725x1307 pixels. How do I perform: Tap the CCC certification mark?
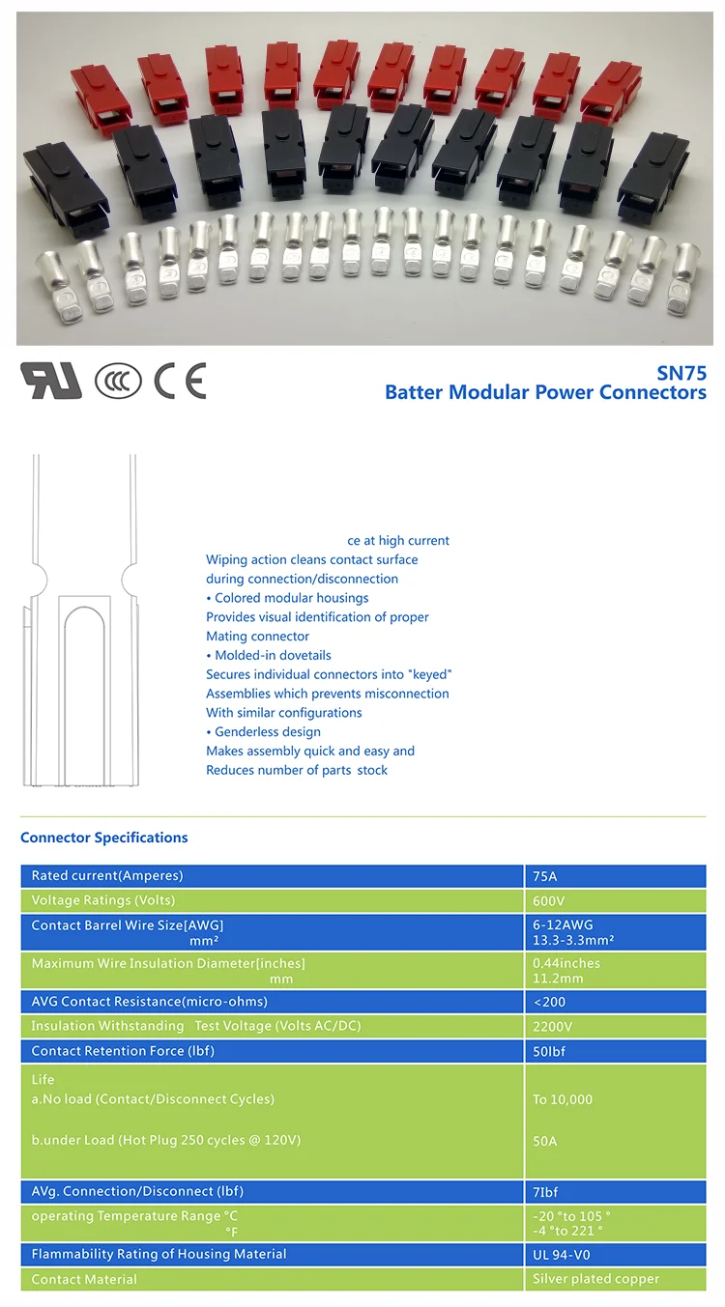[x=118, y=382]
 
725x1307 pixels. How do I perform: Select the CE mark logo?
[x=181, y=382]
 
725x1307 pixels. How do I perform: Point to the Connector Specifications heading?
[x=104, y=838]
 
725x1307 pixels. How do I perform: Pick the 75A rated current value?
[x=545, y=877]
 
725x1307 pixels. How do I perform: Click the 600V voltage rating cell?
[x=548, y=900]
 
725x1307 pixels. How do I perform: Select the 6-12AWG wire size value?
[x=563, y=925]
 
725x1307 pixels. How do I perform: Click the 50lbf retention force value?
[x=550, y=1051]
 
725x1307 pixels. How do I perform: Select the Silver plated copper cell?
[x=595, y=1279]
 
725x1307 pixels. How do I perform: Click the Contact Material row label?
[x=84, y=1279]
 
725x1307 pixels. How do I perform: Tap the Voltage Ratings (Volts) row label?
[x=103, y=900]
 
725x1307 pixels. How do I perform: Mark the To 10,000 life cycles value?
[x=563, y=1099]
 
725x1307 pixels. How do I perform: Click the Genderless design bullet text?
[x=267, y=732]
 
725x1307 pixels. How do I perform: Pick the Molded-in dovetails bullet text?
[x=273, y=655]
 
